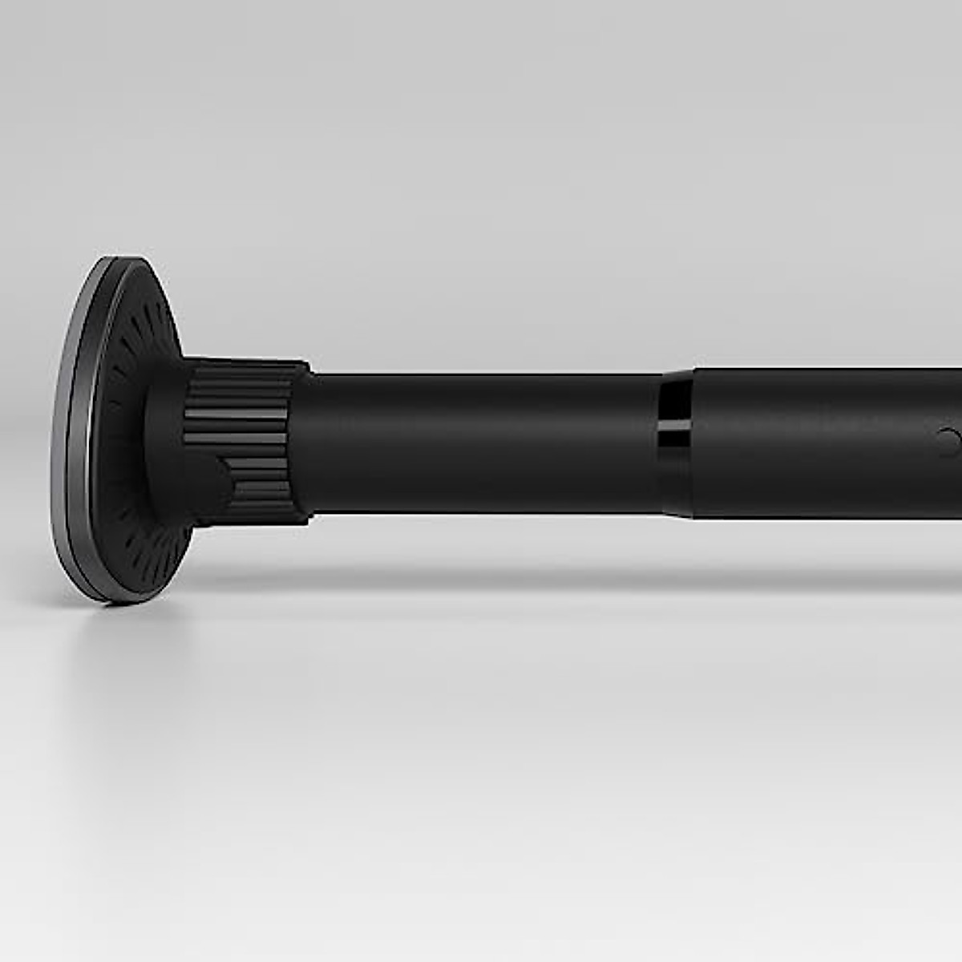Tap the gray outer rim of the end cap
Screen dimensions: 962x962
[67, 449]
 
